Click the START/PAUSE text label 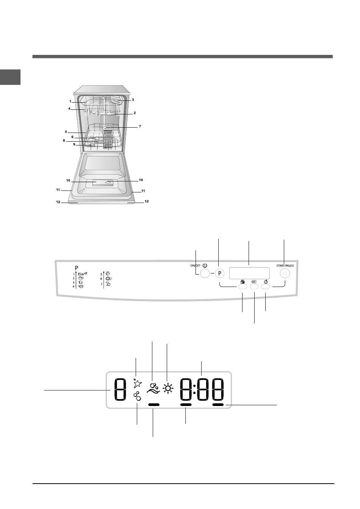(285, 265)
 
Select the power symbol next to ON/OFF (205, 265)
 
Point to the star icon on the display (137, 383)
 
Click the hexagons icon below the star (137, 396)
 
